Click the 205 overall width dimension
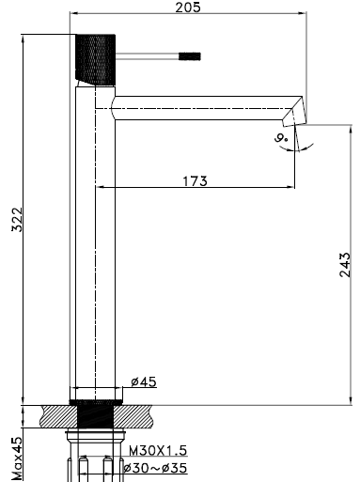click(x=187, y=8)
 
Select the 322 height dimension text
click(x=17, y=219)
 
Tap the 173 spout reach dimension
click(x=195, y=181)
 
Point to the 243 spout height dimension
click(x=344, y=264)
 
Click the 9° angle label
click(x=281, y=137)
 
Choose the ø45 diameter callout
click(x=144, y=381)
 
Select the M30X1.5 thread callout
click(x=158, y=451)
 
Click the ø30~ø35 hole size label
click(x=155, y=468)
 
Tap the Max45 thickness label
click(x=17, y=459)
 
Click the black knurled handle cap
click(x=96, y=59)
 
